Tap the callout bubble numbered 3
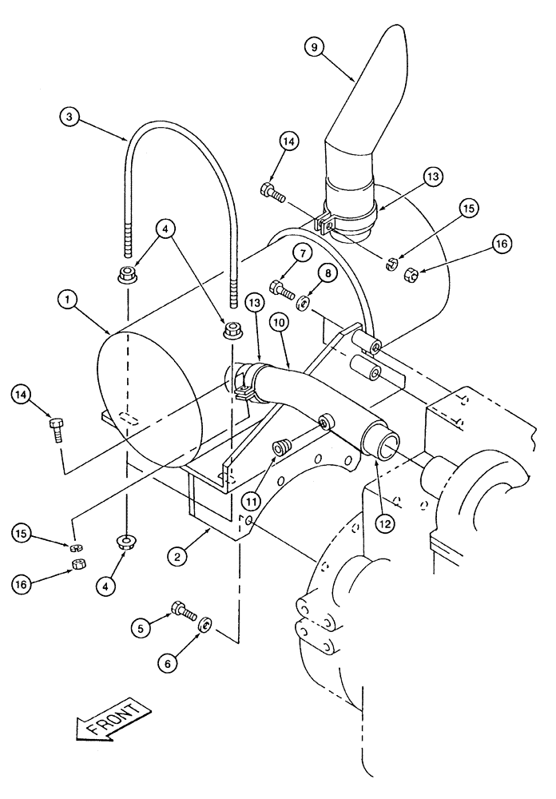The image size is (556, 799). (71, 117)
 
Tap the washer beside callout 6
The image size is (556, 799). (205, 624)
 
